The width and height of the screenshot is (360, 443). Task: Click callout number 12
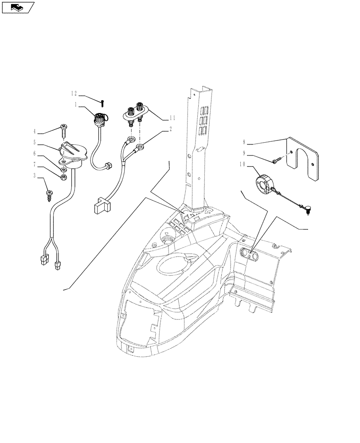tap(74, 93)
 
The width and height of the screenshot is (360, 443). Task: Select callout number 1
tap(76, 105)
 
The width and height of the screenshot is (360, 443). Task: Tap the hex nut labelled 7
tap(64, 178)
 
